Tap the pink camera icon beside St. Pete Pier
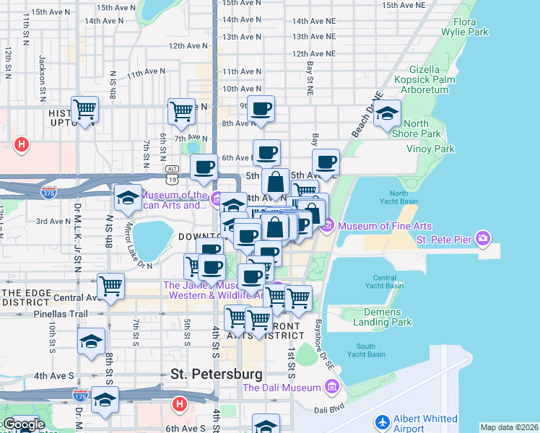pos(483,237)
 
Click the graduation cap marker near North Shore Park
pos(388,114)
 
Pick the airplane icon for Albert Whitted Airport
pos(382,421)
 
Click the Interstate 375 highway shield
pos(49,193)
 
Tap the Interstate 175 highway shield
pos(81,395)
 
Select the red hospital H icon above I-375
pos(22,145)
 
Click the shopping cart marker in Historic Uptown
pos(85,110)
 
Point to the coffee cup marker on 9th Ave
pos(261,109)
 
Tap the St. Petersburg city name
pos(216,374)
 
